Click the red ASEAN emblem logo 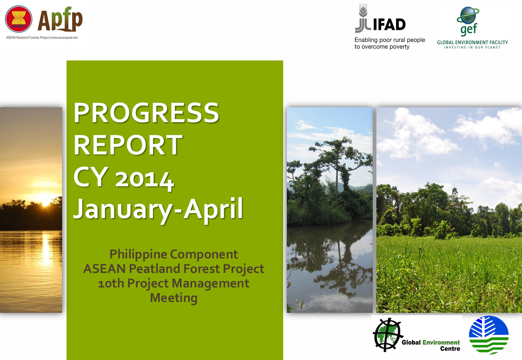click(19, 19)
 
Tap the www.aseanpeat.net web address click(64, 37)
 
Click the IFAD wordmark click(389, 25)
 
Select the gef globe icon click(468, 15)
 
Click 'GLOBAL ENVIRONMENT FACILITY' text click(472, 42)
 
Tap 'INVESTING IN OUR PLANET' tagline click(472, 47)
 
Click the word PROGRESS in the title click(146, 112)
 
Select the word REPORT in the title click(128, 145)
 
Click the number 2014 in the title click(145, 179)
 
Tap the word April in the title click(213, 209)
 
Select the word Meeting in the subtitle click(173, 298)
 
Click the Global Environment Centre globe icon click(388, 335)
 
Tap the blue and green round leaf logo click(489, 335)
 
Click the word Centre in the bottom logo click(450, 349)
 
